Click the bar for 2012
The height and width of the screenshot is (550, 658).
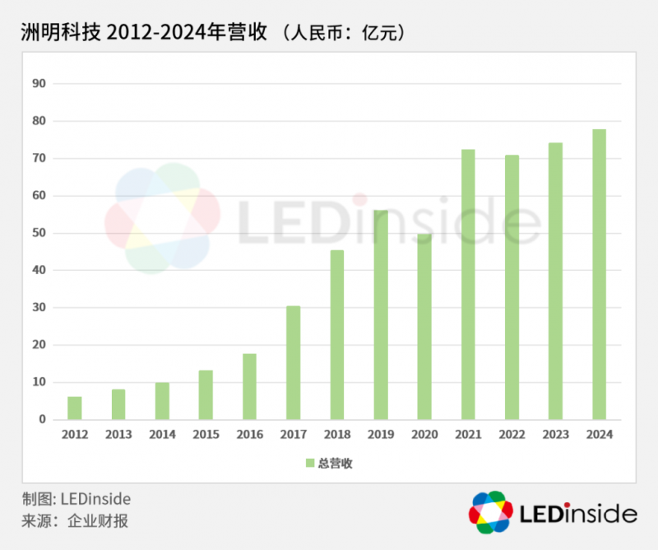[75, 408]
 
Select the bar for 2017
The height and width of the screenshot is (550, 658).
[294, 362]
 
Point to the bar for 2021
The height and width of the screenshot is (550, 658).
[468, 284]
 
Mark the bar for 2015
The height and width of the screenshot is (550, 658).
[206, 394]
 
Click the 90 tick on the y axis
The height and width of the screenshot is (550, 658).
[39, 83]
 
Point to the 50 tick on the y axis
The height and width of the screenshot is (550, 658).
[39, 233]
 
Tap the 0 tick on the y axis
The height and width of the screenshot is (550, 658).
[42, 420]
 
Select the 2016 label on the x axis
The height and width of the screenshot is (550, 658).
[249, 434]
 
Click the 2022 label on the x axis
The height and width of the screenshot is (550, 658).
[512, 434]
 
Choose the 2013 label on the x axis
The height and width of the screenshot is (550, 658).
[118, 434]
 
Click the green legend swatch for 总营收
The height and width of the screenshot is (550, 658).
[310, 464]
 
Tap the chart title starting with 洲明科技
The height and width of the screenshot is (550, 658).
[140, 34]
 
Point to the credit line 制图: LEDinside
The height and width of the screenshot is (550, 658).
[76, 499]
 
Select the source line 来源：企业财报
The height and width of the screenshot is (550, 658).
[75, 520]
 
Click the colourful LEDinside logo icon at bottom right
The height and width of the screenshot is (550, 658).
[491, 512]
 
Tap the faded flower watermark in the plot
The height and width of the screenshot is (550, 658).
[163, 217]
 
